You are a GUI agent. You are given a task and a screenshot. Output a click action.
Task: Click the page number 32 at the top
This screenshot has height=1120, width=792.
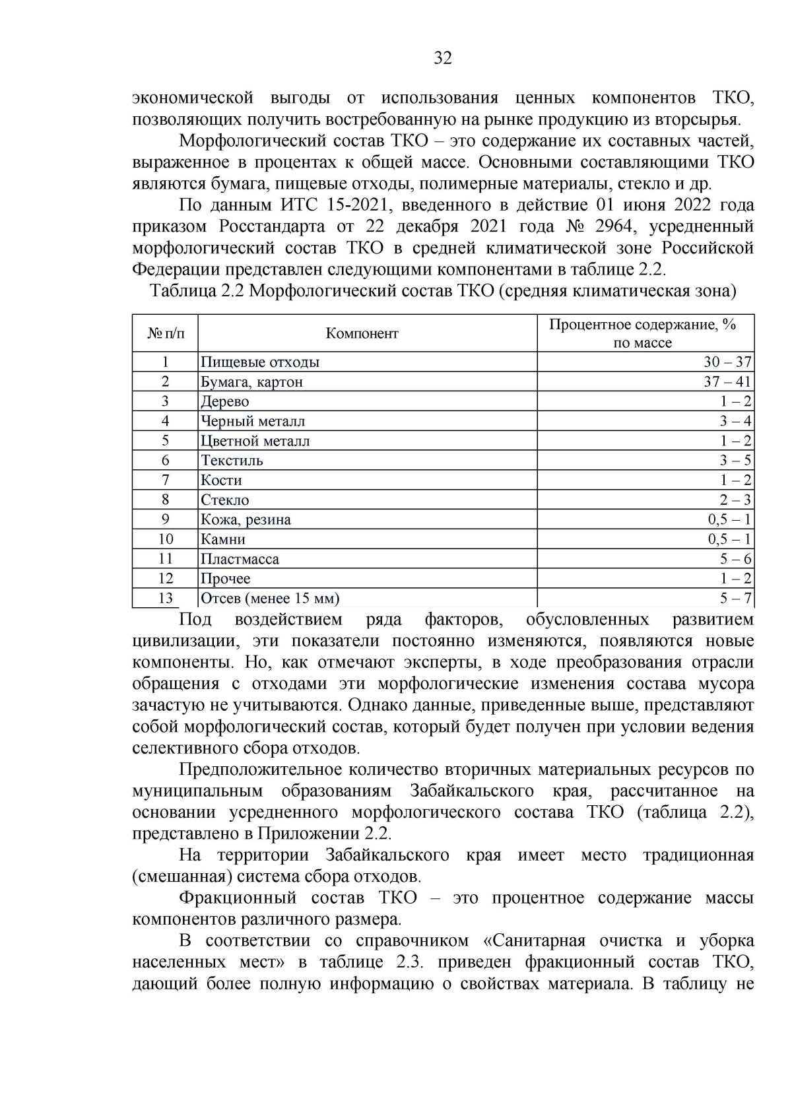coord(443,59)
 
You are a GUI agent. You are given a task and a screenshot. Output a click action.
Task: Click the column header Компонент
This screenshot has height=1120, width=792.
coord(362,333)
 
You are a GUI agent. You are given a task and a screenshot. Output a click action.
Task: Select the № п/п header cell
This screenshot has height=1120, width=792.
coord(165,333)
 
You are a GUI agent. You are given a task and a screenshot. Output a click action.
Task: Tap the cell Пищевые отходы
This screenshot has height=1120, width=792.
coord(260,362)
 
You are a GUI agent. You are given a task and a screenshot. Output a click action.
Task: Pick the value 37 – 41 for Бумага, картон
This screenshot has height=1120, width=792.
coord(727,381)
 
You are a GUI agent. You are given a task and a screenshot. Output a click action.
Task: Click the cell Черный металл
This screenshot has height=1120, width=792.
coord(253,421)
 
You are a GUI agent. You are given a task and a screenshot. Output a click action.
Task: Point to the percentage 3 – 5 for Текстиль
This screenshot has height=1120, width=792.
coord(735,460)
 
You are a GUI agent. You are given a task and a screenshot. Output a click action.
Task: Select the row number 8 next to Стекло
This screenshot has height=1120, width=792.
coord(165,500)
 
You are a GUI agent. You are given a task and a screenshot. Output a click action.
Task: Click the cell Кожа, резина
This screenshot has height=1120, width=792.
coord(246,519)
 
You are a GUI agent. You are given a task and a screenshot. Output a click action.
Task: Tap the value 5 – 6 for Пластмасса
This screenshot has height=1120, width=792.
coord(735,559)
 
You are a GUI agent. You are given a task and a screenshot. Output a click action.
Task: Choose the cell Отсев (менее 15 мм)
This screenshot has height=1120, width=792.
coord(270,599)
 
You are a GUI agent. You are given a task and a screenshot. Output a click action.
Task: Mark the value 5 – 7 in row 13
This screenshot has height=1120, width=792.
coord(735,599)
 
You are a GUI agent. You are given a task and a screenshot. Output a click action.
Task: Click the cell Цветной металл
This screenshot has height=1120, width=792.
coord(255,441)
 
